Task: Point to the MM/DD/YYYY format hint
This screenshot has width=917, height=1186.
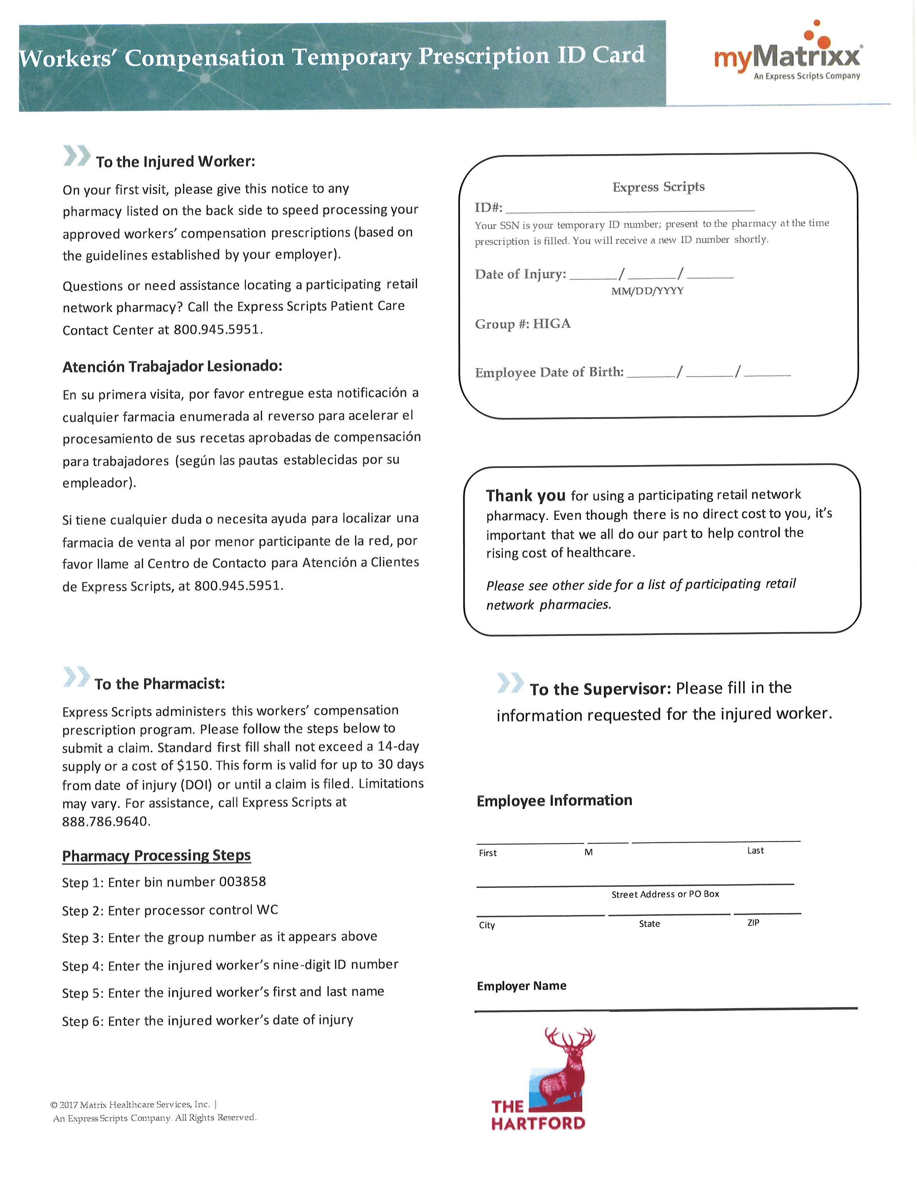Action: (x=647, y=291)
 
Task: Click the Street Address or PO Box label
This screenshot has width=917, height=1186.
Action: (x=665, y=894)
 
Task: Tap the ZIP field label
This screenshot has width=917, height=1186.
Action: (x=753, y=923)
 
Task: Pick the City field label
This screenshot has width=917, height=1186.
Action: (x=487, y=925)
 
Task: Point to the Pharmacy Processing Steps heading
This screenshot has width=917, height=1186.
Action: (x=156, y=855)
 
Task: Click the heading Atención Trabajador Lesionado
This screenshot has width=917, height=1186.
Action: (x=172, y=367)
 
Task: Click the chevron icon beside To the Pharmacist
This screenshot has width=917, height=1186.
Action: (x=76, y=678)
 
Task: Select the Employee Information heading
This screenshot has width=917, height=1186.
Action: (x=554, y=800)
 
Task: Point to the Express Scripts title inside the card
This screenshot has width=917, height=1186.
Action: (x=658, y=187)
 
